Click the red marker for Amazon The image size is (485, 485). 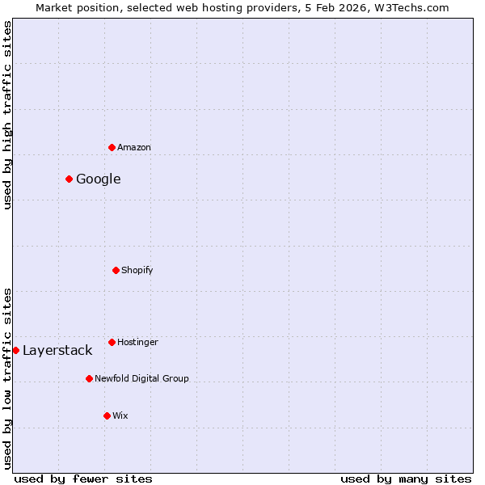click(x=112, y=147)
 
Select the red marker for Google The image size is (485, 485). click(x=69, y=179)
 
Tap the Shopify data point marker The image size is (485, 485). click(x=116, y=270)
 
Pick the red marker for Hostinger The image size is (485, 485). click(x=112, y=342)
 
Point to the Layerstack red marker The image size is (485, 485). click(x=15, y=350)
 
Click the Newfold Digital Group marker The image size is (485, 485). click(x=89, y=378)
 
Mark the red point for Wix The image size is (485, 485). click(x=107, y=415)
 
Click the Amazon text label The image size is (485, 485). click(x=134, y=147)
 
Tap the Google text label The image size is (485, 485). click(x=99, y=179)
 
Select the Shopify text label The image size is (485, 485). click(x=137, y=270)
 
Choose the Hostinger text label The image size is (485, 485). click(x=137, y=342)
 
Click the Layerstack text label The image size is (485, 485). click(x=57, y=350)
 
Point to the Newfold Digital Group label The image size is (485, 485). click(x=141, y=378)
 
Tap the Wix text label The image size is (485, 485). click(x=120, y=415)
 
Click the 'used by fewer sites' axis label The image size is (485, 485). click(x=83, y=479)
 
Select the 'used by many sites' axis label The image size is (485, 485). click(x=406, y=479)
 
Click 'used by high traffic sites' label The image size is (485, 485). click(x=7, y=115)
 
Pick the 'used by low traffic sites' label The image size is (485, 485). click(x=7, y=378)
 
